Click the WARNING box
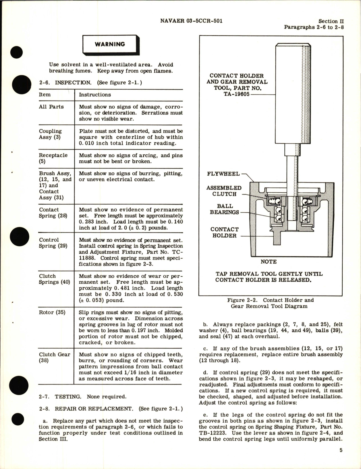[110, 44]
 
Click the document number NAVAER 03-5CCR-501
[191, 21]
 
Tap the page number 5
[341, 450]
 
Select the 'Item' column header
[45, 95]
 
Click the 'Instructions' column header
[95, 95]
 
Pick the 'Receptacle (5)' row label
[53, 158]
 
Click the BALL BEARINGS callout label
[224, 209]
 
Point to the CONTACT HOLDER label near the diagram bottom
[224, 232]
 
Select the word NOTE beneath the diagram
[269, 262]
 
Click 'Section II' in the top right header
[331, 21]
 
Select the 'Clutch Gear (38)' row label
[55, 357]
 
